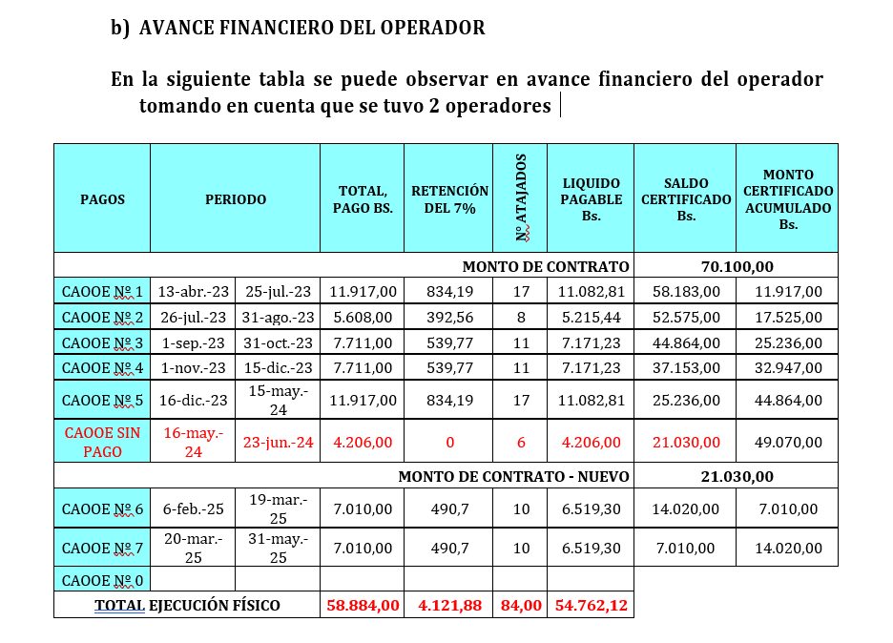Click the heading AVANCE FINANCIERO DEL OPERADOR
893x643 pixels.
312,29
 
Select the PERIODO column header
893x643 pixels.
235,199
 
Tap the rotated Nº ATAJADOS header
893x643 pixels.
520,199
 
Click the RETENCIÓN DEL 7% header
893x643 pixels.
449,199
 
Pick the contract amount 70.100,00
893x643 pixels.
736,266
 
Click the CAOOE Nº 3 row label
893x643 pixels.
102,342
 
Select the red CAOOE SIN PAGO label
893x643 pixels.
102,443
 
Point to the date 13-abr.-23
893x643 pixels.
193,291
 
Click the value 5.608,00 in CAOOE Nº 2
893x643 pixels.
362,317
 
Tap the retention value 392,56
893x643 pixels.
448,317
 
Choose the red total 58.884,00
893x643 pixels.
362,605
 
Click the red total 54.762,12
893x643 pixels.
590,605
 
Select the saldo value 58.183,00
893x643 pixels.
684,291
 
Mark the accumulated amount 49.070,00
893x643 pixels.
787,443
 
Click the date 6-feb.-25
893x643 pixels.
193,509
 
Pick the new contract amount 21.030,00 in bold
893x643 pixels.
736,476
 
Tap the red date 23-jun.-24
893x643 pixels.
278,443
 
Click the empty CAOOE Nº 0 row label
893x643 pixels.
102,579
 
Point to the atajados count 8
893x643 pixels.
520,317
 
